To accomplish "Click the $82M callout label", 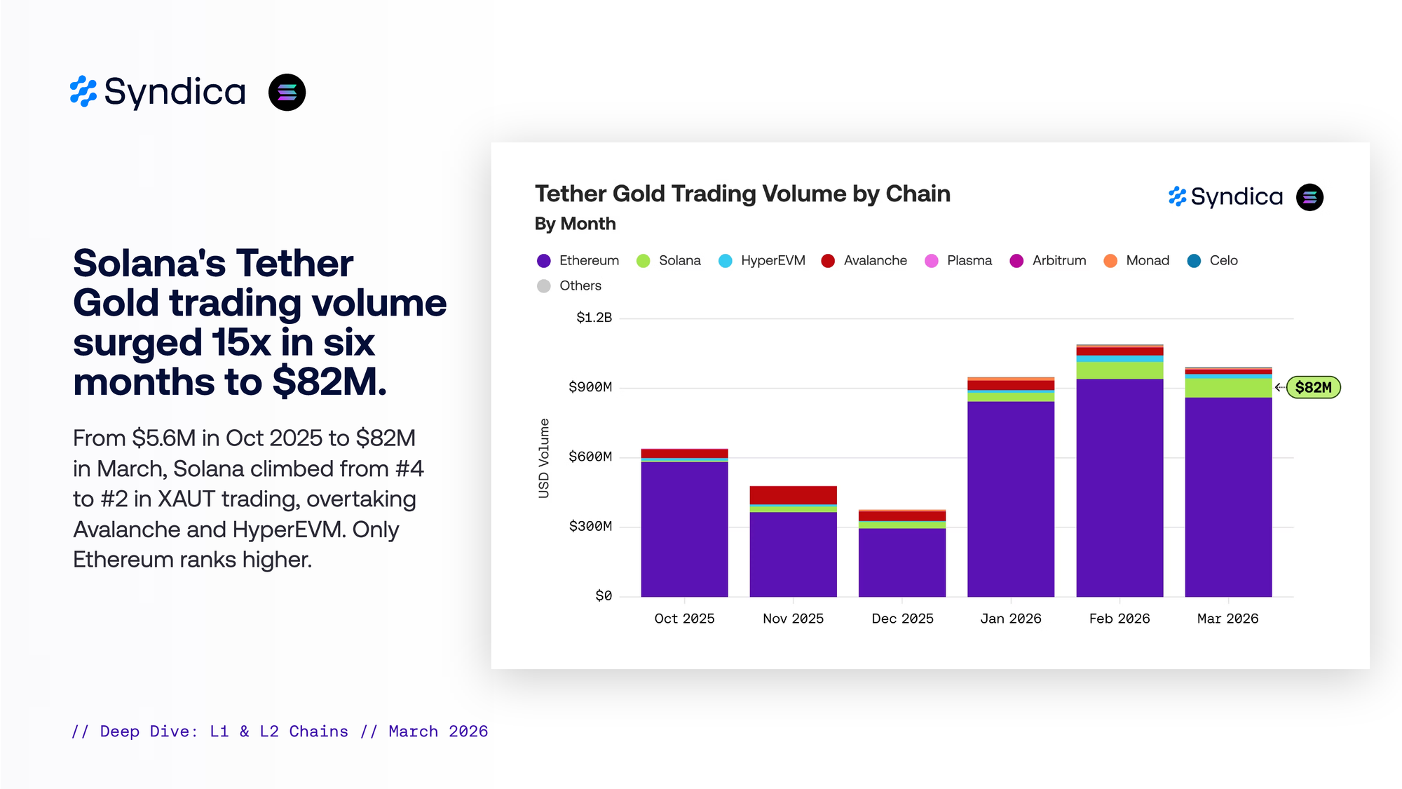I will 1313,387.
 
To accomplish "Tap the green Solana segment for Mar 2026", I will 1228,388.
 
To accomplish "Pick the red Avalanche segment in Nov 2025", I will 793,494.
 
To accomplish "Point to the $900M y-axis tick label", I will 590,387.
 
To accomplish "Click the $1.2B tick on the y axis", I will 594,318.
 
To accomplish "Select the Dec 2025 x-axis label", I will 902,619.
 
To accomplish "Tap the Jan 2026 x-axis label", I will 1010,619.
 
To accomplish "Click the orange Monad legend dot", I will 1110,261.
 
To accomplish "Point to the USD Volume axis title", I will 544,458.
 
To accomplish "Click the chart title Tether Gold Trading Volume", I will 742,194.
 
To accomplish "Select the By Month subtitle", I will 575,224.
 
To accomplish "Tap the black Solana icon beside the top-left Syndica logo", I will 287,93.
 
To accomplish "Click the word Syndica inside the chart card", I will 1237,197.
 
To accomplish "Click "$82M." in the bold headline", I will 329,382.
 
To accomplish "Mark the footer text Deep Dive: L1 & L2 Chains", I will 224,731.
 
